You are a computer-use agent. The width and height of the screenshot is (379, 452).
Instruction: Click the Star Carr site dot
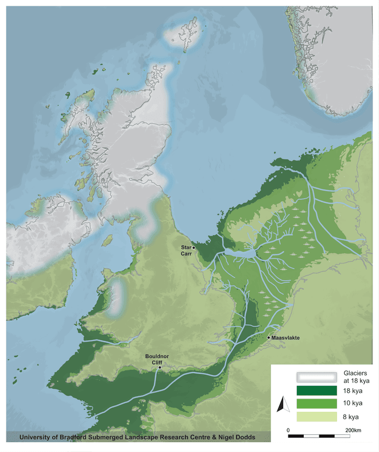coord(194,247)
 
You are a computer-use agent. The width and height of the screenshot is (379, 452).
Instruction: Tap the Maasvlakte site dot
coord(269,337)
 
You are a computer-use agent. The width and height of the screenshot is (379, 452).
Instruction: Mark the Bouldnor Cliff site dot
coord(158,369)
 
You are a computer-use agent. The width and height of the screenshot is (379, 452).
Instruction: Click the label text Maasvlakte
coord(289,338)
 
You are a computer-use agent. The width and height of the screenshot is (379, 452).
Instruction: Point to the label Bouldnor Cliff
coord(157,359)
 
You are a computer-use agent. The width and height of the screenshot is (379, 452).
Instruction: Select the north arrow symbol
coord(281,406)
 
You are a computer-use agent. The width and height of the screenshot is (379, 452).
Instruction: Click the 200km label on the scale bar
coord(354,430)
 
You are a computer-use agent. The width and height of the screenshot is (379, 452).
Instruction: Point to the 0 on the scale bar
coord(288,430)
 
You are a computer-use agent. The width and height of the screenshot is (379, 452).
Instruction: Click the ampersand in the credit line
coord(208,438)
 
